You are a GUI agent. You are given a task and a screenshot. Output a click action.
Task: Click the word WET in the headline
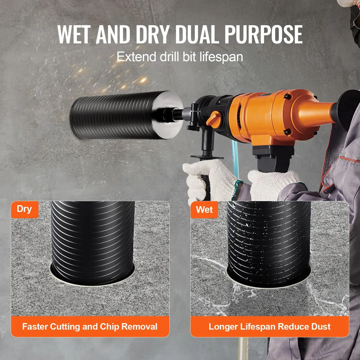(74, 34)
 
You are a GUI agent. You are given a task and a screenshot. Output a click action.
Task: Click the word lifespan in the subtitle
(221, 57)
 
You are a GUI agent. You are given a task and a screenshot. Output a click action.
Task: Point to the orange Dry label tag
(25, 209)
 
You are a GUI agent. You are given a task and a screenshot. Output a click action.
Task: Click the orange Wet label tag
(204, 210)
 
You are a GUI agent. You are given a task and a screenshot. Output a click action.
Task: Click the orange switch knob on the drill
(214, 119)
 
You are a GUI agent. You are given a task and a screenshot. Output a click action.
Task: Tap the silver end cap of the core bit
(167, 115)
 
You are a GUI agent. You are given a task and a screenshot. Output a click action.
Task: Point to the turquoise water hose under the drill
(235, 159)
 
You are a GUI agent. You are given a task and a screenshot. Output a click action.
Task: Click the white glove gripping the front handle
(209, 179)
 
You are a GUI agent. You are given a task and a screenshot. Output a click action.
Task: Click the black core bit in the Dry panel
(93, 243)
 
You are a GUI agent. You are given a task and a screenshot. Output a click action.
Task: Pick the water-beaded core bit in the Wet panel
(269, 244)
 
